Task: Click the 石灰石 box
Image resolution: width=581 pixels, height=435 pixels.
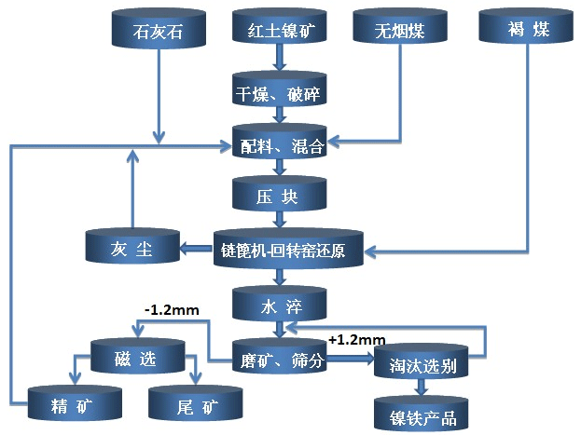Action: pyautogui.click(x=156, y=28)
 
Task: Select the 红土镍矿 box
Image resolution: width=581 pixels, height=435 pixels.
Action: pyautogui.click(x=279, y=29)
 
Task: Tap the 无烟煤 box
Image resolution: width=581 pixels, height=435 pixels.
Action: pyautogui.click(x=398, y=29)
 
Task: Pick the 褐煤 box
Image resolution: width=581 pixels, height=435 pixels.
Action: pyautogui.click(x=526, y=29)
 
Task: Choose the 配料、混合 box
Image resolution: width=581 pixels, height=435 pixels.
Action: pyautogui.click(x=279, y=143)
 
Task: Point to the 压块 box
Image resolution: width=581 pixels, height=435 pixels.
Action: pyautogui.click(x=279, y=197)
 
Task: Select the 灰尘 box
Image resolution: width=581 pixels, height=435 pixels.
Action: pyautogui.click(x=131, y=249)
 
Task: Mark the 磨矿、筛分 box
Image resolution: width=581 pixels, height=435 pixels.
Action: pyautogui.click(x=279, y=360)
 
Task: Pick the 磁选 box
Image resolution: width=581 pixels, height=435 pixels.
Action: pyautogui.click(x=137, y=356)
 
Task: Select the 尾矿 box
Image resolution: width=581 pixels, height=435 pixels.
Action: pyautogui.click(x=195, y=402)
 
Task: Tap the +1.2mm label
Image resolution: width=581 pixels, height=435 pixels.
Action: pyautogui.click(x=356, y=341)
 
